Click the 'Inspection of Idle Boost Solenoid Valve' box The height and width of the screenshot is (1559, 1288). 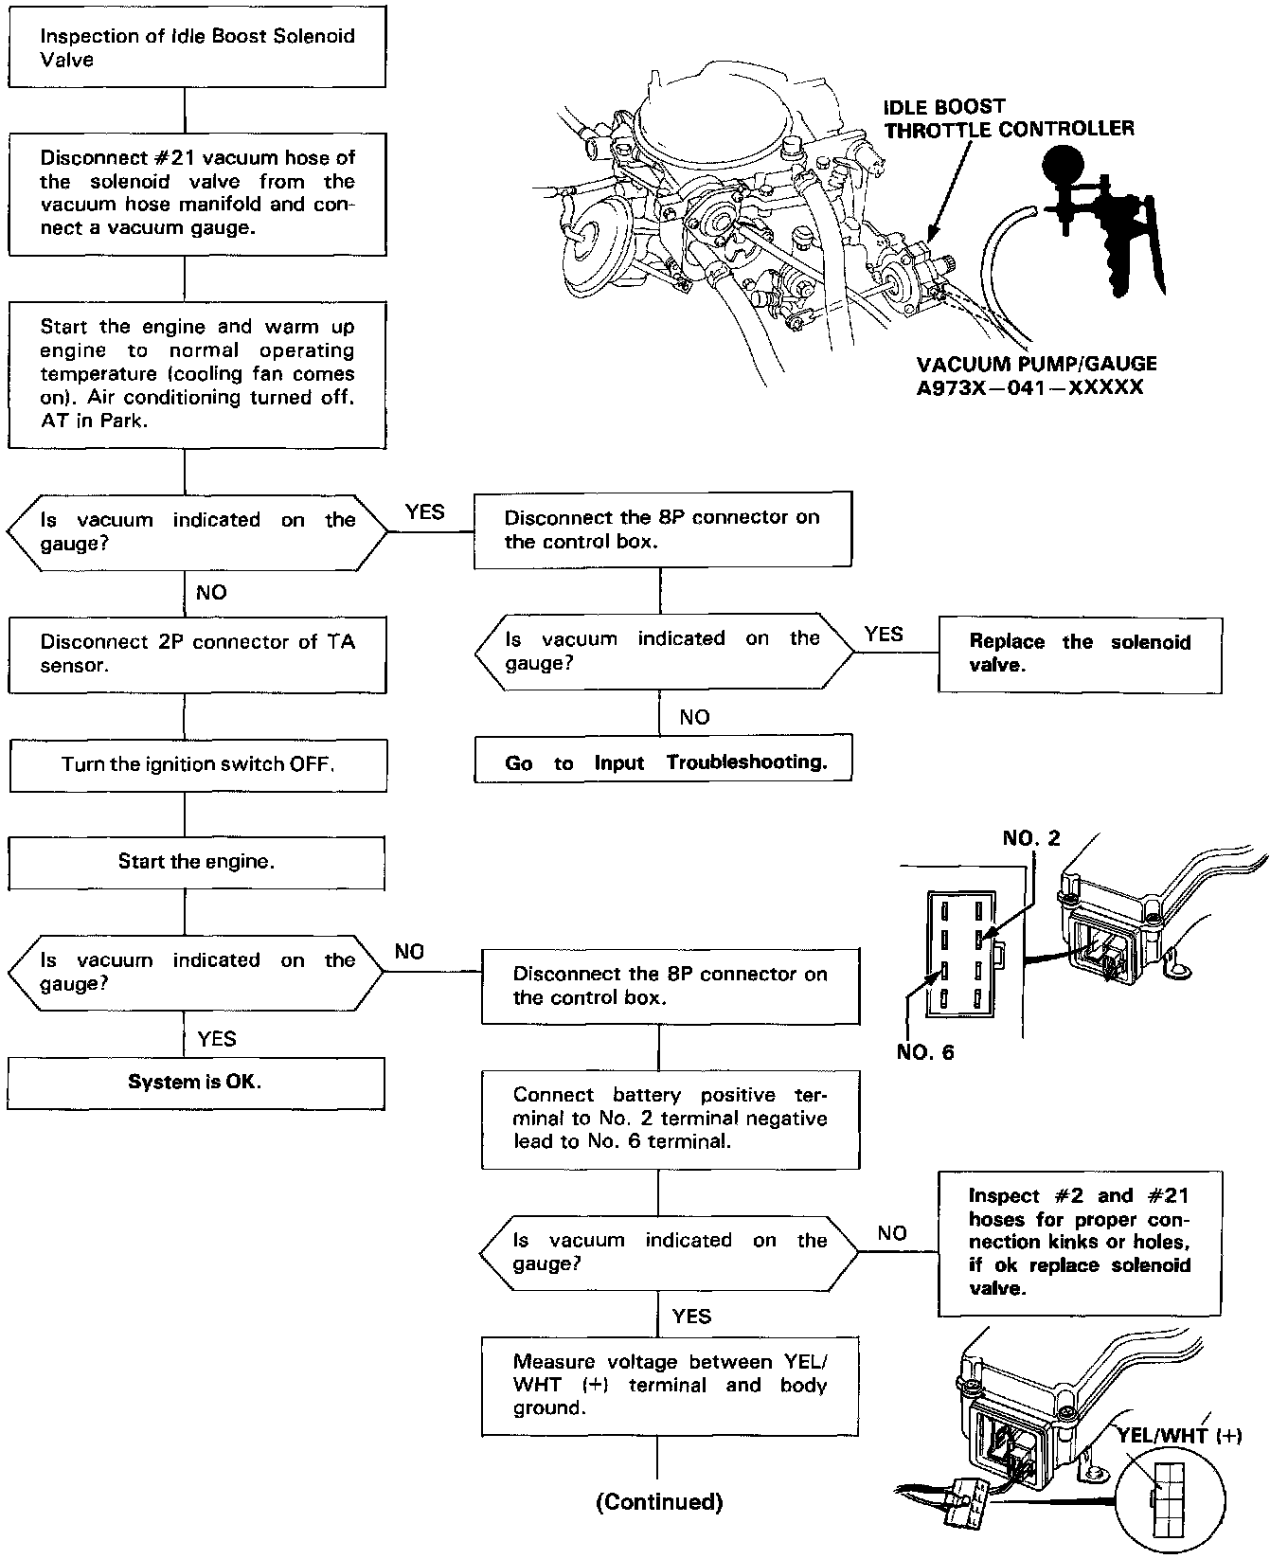pyautogui.click(x=197, y=48)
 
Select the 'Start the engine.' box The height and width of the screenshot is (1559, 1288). pyautogui.click(x=197, y=862)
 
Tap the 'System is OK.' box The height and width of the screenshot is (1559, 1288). pyautogui.click(x=196, y=1082)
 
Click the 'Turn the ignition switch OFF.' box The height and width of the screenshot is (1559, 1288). pyautogui.click(x=198, y=764)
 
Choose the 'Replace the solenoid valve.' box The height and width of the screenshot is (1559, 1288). pyautogui.click(x=1080, y=654)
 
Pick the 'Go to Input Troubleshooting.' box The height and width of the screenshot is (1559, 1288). pyautogui.click(x=662, y=762)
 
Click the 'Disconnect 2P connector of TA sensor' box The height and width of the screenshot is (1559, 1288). pyautogui.click(x=197, y=654)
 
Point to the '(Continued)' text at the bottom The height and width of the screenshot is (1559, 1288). pyautogui.click(x=659, y=1501)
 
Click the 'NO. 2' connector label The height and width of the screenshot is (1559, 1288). pyautogui.click(x=1030, y=838)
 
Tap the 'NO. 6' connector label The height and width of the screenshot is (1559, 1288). pyautogui.click(x=925, y=1052)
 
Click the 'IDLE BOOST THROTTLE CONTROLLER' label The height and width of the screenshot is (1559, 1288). pyautogui.click(x=1009, y=117)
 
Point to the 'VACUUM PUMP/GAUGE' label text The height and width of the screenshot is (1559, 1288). pyautogui.click(x=1037, y=364)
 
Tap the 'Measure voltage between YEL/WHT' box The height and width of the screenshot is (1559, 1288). pyautogui.click(x=671, y=1385)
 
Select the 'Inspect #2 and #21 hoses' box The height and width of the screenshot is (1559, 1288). pyautogui.click(x=1080, y=1242)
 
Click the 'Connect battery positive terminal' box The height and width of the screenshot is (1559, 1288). pyautogui.click(x=671, y=1119)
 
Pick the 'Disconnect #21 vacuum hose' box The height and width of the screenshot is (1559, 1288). pyautogui.click(x=197, y=193)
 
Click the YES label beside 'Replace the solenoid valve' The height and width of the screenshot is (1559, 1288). pyautogui.click(x=884, y=635)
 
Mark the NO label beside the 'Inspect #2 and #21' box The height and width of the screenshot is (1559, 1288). pyautogui.click(x=892, y=1233)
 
